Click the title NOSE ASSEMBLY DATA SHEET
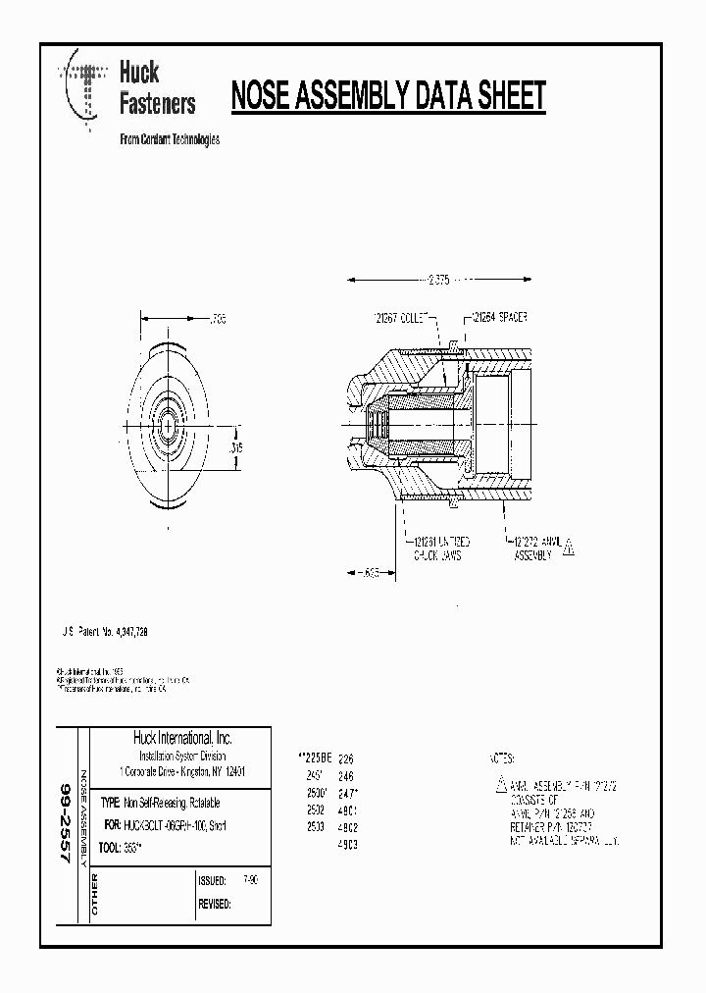(x=387, y=97)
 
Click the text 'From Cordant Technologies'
(x=169, y=139)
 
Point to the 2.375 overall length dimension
(x=438, y=280)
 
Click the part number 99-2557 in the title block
(x=66, y=822)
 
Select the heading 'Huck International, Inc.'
(x=182, y=738)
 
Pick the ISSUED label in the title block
(x=212, y=881)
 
